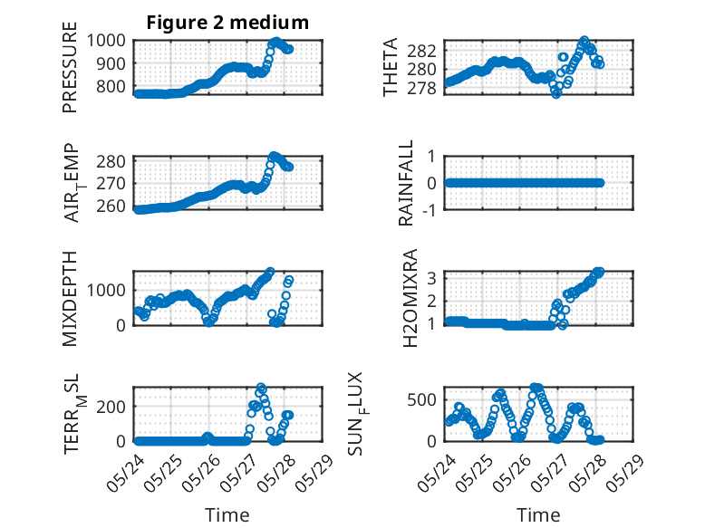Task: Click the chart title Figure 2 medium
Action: (227, 22)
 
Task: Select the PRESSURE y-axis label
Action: (70, 67)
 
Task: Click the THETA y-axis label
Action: (391, 67)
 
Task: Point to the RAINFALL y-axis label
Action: (406, 183)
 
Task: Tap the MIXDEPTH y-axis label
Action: (70, 299)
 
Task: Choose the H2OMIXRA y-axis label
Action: (410, 298)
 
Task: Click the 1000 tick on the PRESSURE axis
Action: (106, 41)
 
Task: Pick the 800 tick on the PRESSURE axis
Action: (111, 86)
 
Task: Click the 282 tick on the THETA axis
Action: (421, 52)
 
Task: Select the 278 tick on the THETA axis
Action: (421, 89)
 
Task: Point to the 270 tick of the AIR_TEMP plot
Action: (111, 183)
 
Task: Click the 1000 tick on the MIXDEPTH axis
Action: (106, 291)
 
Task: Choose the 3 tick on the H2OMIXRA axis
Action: (431, 278)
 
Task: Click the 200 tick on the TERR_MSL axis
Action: (111, 407)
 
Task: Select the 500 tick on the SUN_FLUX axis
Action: (421, 399)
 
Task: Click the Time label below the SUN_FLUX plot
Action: (538, 514)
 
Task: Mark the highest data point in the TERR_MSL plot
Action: (261, 388)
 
